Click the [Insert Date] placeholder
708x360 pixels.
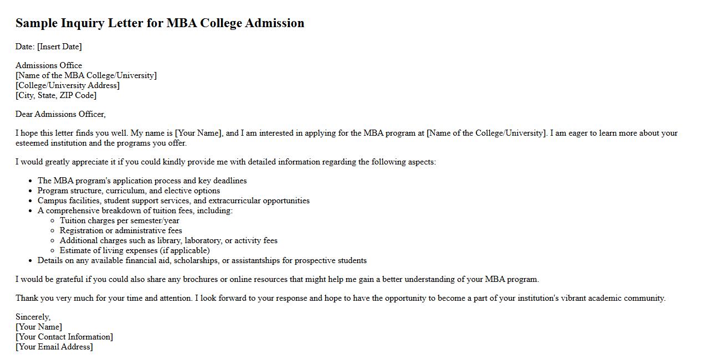point(59,47)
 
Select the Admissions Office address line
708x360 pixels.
point(49,65)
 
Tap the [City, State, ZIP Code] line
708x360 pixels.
point(56,95)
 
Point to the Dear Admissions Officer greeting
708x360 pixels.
point(60,114)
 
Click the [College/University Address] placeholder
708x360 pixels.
point(68,85)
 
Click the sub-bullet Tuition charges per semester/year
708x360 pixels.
point(119,220)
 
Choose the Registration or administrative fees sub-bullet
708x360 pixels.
point(121,230)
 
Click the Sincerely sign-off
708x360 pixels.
point(33,317)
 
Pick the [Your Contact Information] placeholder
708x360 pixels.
point(64,337)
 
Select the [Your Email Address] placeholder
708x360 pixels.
point(54,347)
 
